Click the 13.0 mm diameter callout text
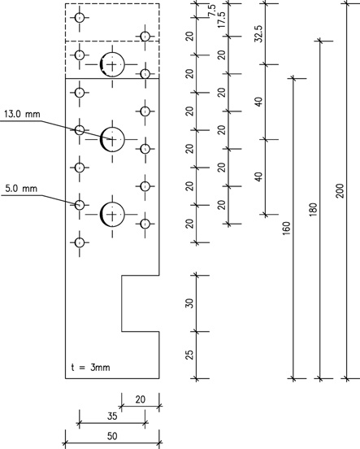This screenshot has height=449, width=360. coord(22,114)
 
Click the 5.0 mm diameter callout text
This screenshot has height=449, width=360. coord(21,189)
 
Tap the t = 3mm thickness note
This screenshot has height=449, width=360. coord(90,368)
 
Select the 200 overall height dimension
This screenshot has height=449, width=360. coord(340,190)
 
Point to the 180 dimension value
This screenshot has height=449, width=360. coord(314,209)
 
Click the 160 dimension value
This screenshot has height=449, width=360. coord(287,229)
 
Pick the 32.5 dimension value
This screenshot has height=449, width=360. coord(258,34)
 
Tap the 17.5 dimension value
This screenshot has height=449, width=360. coord(222,20)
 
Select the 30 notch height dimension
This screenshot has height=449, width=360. coord(189,303)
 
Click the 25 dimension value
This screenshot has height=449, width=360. coord(189,355)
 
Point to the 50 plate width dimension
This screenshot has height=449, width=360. coord(112,437)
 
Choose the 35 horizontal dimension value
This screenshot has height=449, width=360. coord(112,416)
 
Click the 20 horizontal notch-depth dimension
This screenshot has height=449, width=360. coord(141,399)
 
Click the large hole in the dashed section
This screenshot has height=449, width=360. coord(112,65)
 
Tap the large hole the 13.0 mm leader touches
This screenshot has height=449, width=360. coord(112,139)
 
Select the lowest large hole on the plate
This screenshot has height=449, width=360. coord(112,214)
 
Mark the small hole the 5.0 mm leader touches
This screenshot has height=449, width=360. coord(80,205)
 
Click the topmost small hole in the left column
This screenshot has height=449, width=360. coord(80,17)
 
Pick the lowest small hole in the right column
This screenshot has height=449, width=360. coord(145,224)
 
